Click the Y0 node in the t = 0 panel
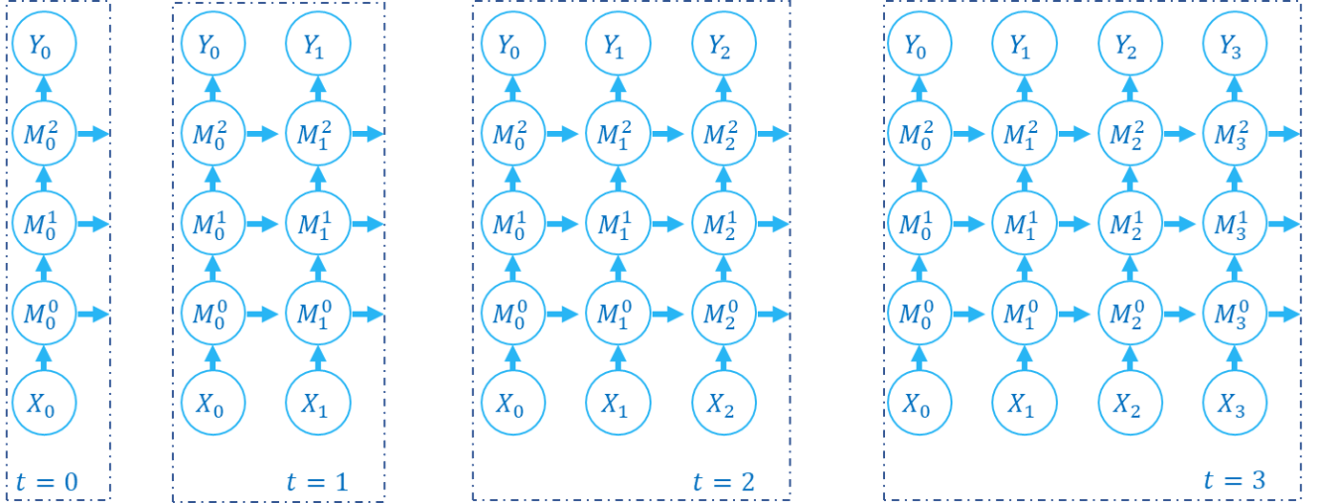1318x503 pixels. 44,45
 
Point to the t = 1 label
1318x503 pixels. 317,482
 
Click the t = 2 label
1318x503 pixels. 724,482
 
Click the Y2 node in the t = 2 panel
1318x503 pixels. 724,45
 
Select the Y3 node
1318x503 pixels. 1233,45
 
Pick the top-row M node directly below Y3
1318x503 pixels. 1233,134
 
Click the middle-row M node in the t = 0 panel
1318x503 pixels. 44,224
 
